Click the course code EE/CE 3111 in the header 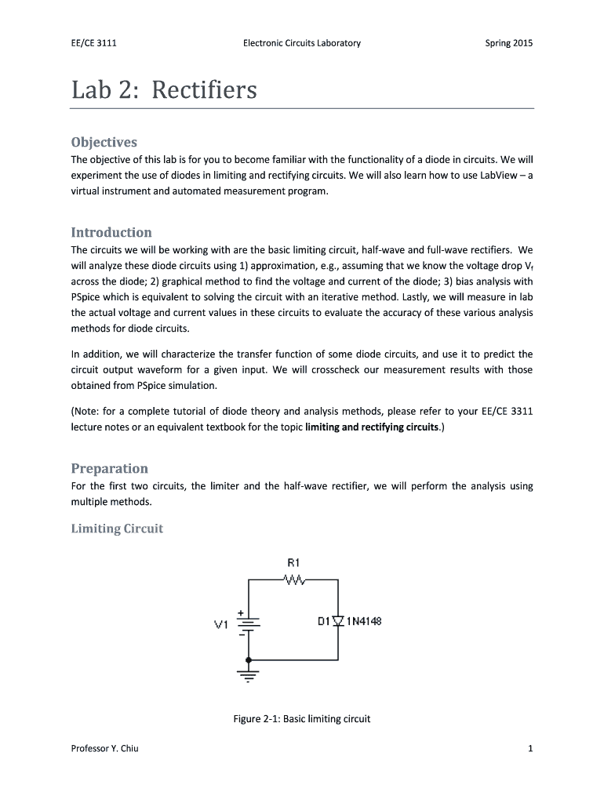click(x=93, y=43)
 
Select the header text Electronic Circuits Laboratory click(x=302, y=43)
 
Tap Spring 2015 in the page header click(x=508, y=43)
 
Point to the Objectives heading click(x=104, y=142)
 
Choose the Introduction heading click(x=111, y=232)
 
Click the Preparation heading click(x=109, y=468)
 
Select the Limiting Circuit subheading click(x=117, y=529)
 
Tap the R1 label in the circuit click(x=294, y=562)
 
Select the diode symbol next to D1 click(x=338, y=622)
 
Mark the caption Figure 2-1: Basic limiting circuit click(x=302, y=718)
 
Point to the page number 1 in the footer click(x=530, y=748)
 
